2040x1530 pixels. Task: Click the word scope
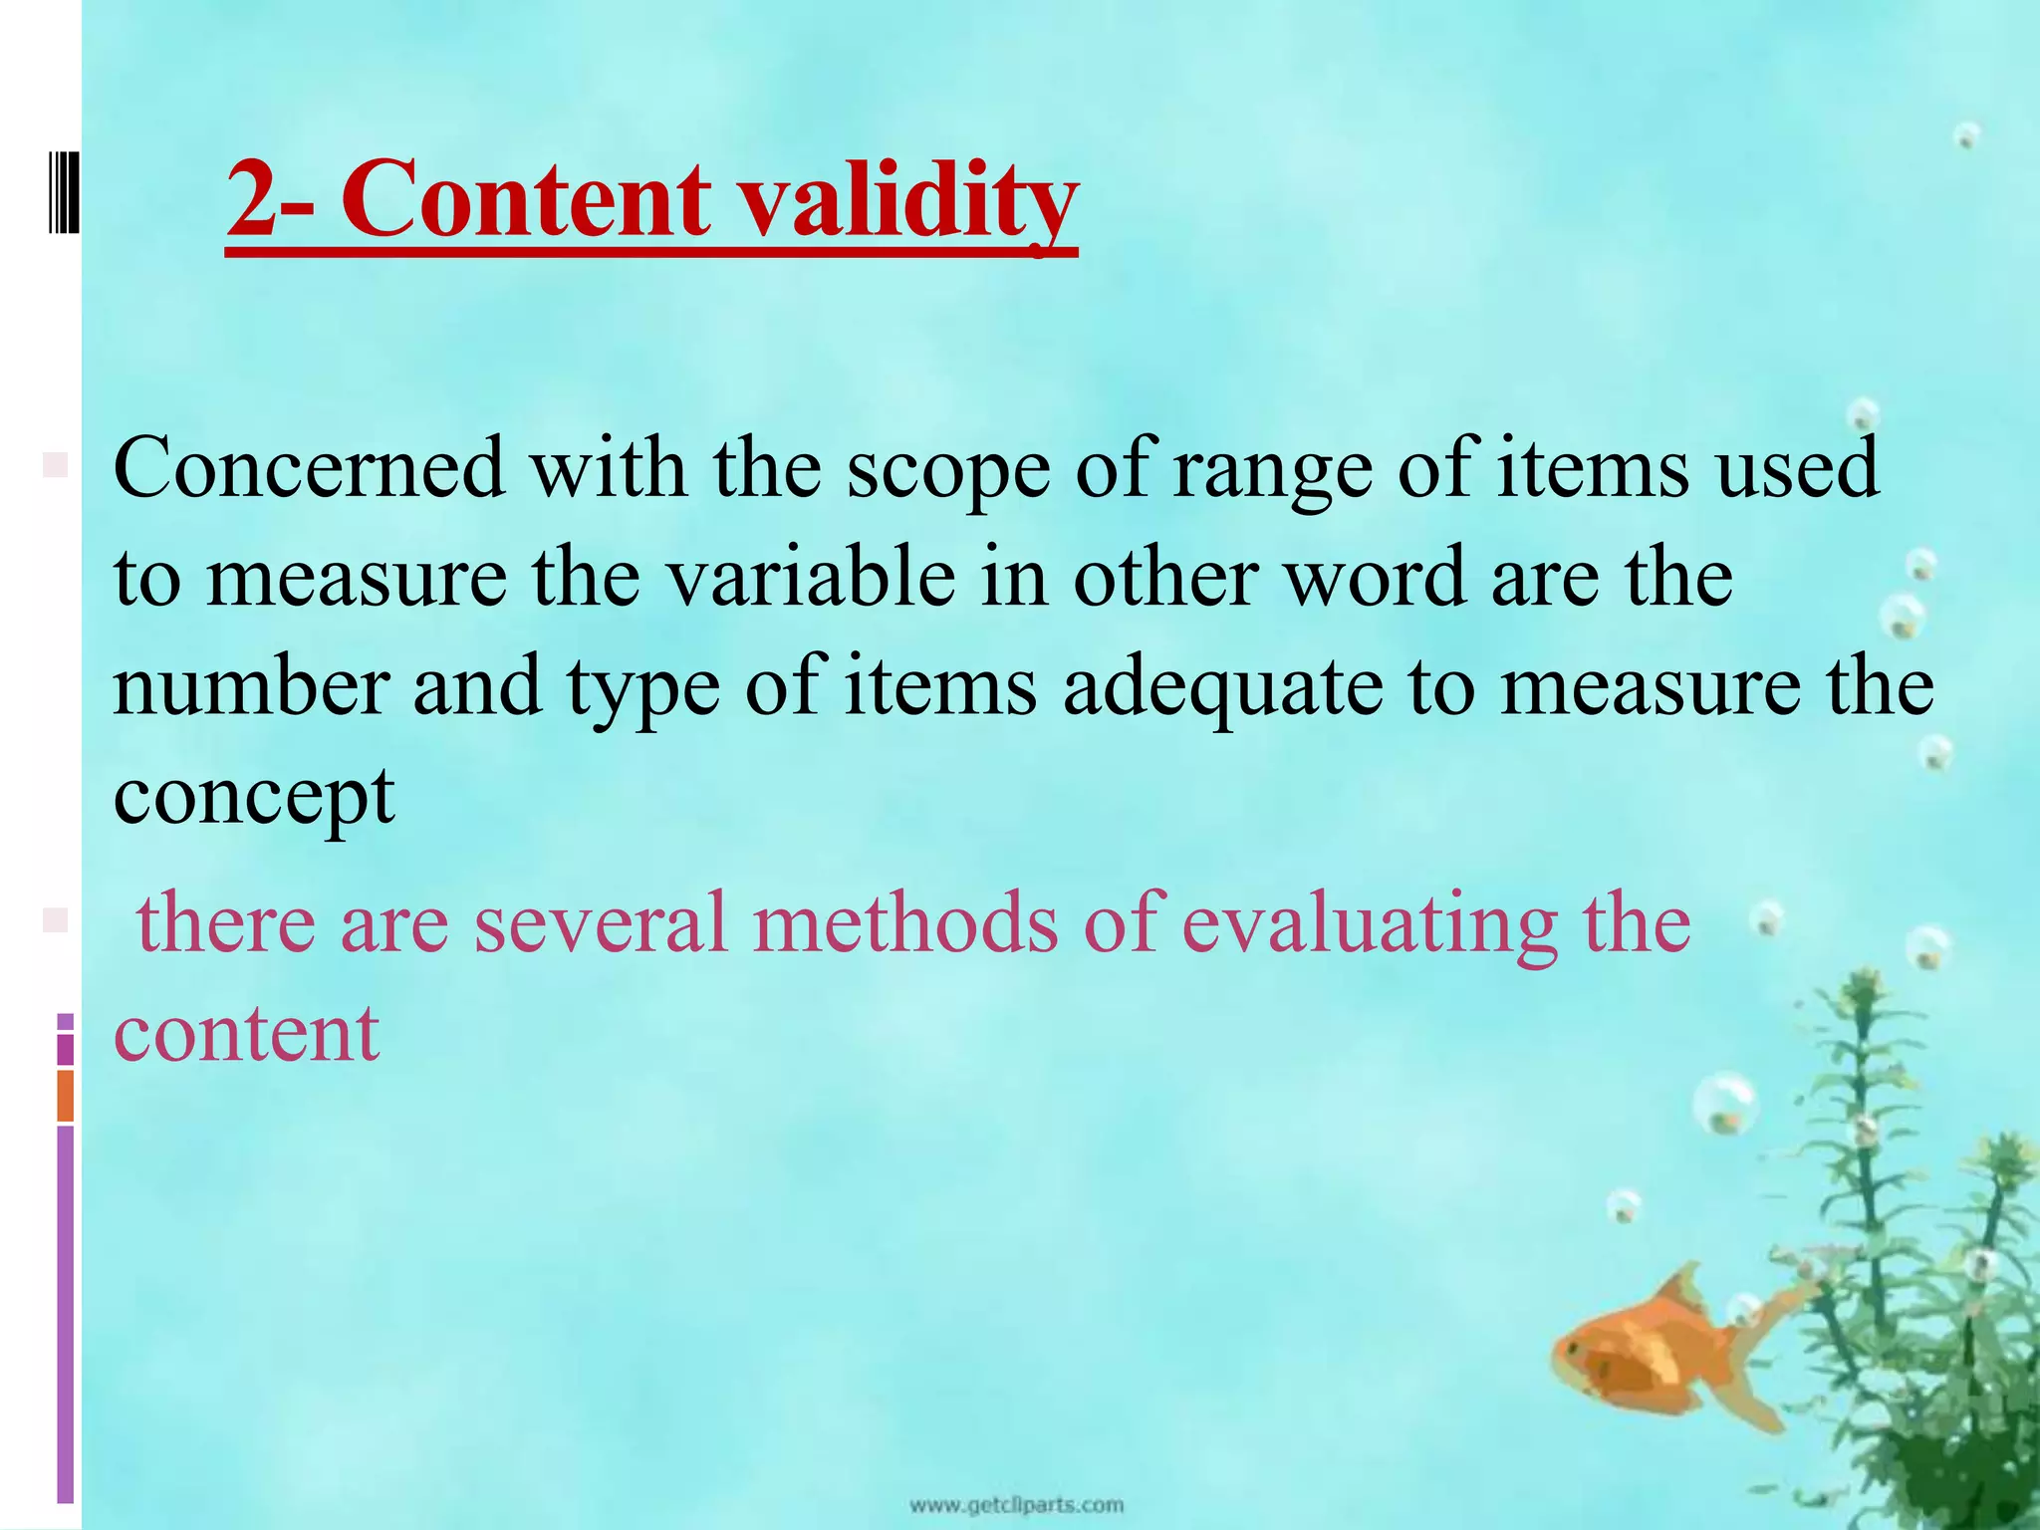(947, 468)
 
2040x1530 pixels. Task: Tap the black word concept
(254, 797)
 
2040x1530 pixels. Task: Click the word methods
(905, 922)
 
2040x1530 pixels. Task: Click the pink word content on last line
(246, 1032)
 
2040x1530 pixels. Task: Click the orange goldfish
(1654, 1360)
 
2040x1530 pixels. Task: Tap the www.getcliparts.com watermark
(1016, 1504)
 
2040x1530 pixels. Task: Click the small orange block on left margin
(66, 1095)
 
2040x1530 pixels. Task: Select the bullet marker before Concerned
(55, 464)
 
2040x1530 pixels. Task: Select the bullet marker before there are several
(55, 919)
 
